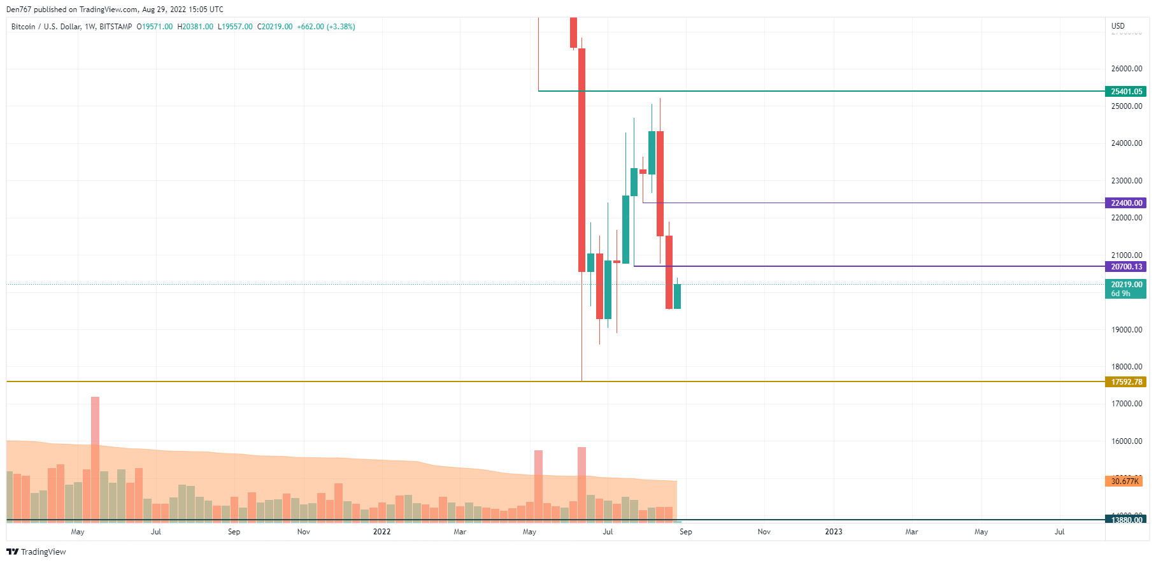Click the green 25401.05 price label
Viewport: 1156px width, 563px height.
coord(1126,92)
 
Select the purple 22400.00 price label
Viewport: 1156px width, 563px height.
coord(1126,203)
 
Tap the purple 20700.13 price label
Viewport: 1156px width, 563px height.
coord(1126,267)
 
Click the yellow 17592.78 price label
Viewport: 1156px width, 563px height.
coord(1126,382)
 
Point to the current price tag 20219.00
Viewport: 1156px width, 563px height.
coord(1126,285)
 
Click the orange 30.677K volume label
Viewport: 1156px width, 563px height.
coord(1124,481)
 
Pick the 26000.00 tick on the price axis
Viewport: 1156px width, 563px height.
coord(1126,69)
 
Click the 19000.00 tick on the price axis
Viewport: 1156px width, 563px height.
coord(1126,330)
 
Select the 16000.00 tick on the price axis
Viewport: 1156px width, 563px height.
coord(1126,441)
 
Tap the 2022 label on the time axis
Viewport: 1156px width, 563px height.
coord(382,532)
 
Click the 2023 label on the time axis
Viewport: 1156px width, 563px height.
coord(833,532)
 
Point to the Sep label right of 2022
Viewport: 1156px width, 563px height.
coord(685,532)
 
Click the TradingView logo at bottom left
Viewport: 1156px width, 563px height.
coord(36,552)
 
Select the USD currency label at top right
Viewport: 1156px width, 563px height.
coord(1118,26)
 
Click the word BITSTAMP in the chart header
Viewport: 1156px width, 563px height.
coord(116,27)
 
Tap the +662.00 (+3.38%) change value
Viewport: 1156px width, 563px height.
coord(326,27)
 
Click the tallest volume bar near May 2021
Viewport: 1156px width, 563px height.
coord(95,459)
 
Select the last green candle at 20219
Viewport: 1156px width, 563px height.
coord(677,297)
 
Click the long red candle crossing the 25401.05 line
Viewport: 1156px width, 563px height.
coord(582,159)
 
